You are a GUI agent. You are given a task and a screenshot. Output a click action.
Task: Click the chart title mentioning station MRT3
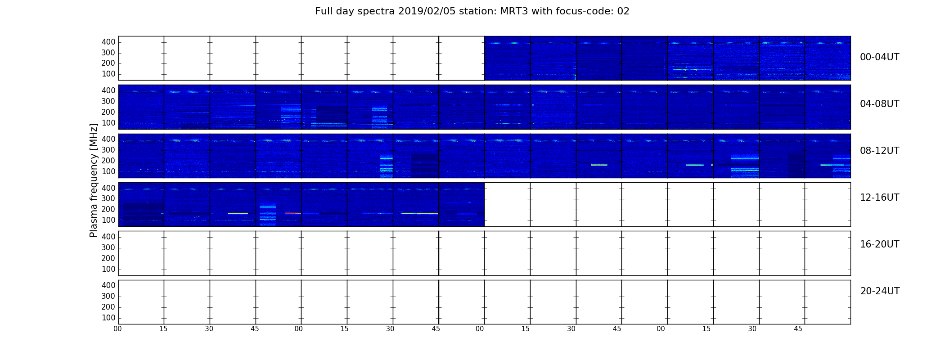[x=472, y=11]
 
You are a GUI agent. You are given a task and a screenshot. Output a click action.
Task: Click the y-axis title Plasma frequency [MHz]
[x=94, y=180]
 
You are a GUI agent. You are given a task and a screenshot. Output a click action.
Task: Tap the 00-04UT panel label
[x=879, y=57]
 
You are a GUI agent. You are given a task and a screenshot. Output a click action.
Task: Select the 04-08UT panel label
[x=879, y=104]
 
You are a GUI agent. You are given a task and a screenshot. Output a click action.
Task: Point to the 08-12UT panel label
[x=879, y=151]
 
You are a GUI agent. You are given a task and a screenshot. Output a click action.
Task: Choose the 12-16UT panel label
[x=879, y=198]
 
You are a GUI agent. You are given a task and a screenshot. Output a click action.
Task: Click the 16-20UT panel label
[x=879, y=244]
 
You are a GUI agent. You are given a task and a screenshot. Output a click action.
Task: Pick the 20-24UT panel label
[x=880, y=291]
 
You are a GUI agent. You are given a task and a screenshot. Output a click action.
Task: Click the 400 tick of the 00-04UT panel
[x=108, y=42]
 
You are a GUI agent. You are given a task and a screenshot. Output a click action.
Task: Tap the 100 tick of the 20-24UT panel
[x=108, y=318]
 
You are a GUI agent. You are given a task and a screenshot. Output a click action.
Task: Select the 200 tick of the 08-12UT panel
[x=108, y=161]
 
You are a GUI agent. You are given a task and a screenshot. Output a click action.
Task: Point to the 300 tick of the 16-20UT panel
[x=108, y=247]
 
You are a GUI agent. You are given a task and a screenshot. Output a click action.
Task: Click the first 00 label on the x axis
[x=117, y=329]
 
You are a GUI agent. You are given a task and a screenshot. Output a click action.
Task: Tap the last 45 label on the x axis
[x=798, y=329]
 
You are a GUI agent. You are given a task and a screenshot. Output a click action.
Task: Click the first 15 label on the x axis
[x=163, y=329]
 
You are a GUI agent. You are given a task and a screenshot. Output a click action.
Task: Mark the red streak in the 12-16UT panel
[x=292, y=213]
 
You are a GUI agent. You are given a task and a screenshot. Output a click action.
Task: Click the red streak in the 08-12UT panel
[x=599, y=165]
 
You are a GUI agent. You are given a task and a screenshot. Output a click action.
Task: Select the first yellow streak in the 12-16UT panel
[x=238, y=213]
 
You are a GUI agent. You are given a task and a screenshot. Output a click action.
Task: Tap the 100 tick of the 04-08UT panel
[x=108, y=123]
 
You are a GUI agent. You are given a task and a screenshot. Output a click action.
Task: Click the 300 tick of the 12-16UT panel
[x=108, y=198]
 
